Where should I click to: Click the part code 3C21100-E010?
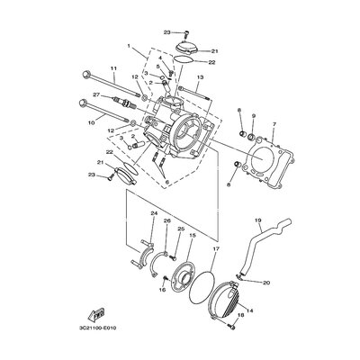click(94, 328)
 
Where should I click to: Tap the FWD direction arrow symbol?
click(96, 313)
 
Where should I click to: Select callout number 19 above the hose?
click(258, 220)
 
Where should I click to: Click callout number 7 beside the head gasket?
click(274, 124)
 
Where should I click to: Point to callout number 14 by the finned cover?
click(249, 310)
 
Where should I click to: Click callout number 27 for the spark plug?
click(96, 95)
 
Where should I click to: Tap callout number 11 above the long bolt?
click(113, 68)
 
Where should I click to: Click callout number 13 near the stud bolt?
click(200, 77)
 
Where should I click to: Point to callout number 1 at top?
click(129, 46)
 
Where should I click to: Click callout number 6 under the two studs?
click(166, 182)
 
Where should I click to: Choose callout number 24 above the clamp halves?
click(154, 213)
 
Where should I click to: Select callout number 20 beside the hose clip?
click(266, 283)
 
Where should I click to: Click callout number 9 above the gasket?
click(254, 115)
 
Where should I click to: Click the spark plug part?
click(124, 103)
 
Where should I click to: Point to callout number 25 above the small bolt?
click(180, 229)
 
